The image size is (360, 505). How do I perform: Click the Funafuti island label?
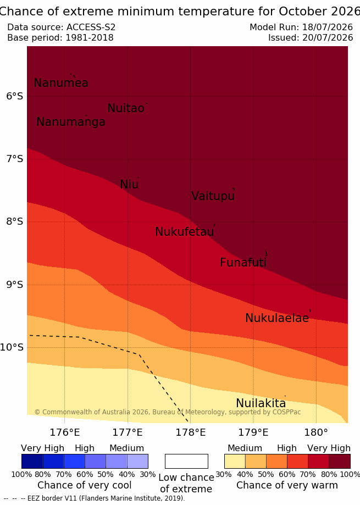pyautogui.click(x=243, y=263)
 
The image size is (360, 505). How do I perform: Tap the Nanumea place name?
pyautogui.click(x=61, y=83)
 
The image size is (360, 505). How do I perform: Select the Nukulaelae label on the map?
pyautogui.click(x=277, y=318)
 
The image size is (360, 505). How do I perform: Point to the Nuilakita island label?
pyautogui.click(x=261, y=403)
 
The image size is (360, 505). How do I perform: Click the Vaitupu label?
pyautogui.click(x=213, y=196)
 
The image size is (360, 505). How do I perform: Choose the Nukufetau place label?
pyautogui.click(x=185, y=232)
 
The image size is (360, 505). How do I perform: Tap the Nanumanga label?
pyautogui.click(x=71, y=122)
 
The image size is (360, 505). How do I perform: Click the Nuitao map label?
pyautogui.click(x=126, y=108)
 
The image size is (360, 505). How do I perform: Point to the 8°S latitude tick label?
pyautogui.click(x=14, y=221)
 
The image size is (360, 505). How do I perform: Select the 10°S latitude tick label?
pyautogui.click(x=12, y=347)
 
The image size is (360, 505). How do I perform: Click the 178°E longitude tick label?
pyautogui.click(x=190, y=432)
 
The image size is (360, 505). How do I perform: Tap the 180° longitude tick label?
pyautogui.click(x=316, y=432)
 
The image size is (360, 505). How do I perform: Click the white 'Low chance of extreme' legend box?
pyautogui.click(x=186, y=461)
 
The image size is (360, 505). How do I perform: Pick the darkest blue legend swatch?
pyautogui.click(x=32, y=461)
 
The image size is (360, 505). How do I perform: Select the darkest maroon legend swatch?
pyautogui.click(x=340, y=461)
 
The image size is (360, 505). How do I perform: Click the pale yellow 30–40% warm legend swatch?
pyautogui.click(x=235, y=461)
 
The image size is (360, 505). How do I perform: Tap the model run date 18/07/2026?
pyautogui.click(x=328, y=27)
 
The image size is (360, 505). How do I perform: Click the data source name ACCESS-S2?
pyautogui.click(x=91, y=27)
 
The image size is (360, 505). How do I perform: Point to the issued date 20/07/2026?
pyautogui.click(x=328, y=38)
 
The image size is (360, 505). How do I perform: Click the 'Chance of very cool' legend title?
pyautogui.click(x=84, y=485)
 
